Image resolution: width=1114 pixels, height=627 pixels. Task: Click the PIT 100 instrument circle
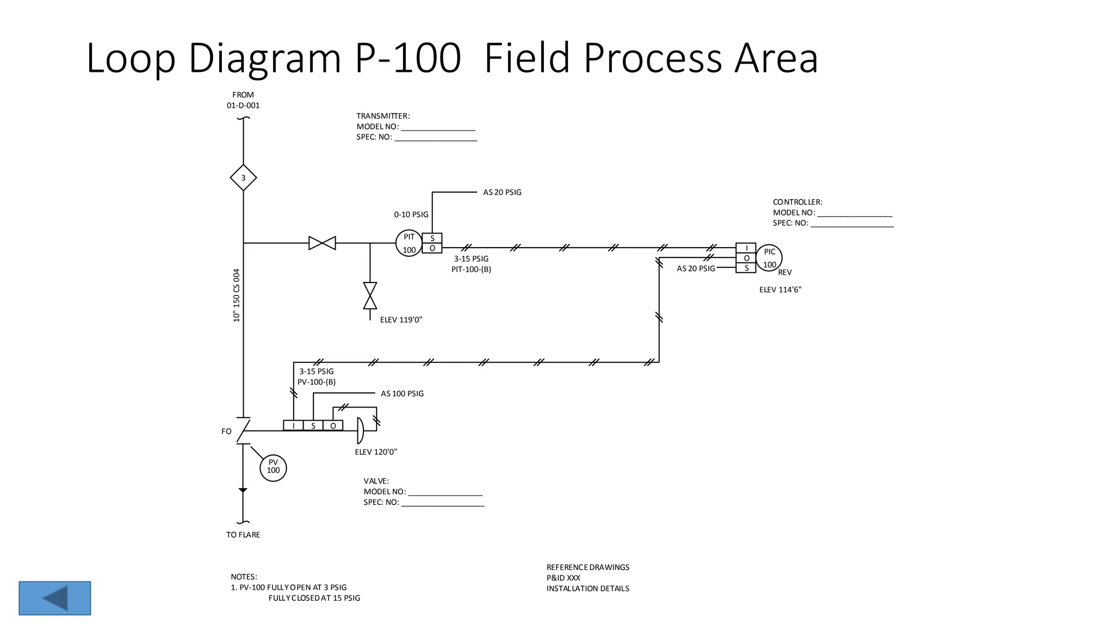(x=409, y=243)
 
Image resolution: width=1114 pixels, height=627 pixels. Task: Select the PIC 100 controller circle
(x=769, y=258)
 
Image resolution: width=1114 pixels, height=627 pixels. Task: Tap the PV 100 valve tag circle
(x=273, y=468)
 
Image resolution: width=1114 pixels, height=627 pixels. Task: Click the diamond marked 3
(x=243, y=178)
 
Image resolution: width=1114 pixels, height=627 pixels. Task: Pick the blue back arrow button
(x=55, y=598)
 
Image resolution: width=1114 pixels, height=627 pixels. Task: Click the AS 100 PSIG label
(x=402, y=394)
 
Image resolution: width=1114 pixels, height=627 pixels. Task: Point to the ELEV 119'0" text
(x=401, y=319)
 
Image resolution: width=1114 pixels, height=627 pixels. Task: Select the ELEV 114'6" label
(x=780, y=290)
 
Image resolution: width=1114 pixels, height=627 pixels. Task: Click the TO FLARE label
(x=243, y=534)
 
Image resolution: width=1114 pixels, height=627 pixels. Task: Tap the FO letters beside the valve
(x=226, y=431)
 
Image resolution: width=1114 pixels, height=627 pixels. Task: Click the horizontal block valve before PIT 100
(x=322, y=243)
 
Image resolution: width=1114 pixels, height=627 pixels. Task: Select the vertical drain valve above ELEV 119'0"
(x=370, y=296)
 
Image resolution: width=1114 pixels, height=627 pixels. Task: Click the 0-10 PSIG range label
(x=411, y=214)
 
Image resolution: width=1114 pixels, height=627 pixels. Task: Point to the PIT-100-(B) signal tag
(x=471, y=269)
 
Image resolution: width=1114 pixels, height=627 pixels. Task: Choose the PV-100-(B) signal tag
(x=317, y=382)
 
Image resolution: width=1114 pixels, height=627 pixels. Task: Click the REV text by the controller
(x=784, y=272)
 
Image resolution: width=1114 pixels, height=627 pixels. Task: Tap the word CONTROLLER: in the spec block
(x=797, y=202)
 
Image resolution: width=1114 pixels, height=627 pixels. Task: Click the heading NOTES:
(x=244, y=576)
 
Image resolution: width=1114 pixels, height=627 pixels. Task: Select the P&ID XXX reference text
(x=563, y=577)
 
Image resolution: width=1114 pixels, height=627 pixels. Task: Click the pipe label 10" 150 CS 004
(x=237, y=295)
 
